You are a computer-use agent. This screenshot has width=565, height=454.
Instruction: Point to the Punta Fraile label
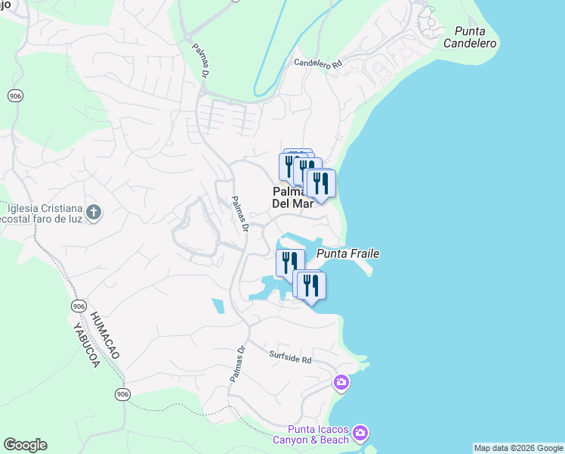pyautogui.click(x=347, y=254)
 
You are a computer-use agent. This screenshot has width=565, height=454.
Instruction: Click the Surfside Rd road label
pyautogui.click(x=290, y=357)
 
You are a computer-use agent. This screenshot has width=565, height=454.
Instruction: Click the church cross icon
pyautogui.click(x=93, y=212)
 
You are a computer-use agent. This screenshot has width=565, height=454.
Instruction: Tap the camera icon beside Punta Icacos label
pyautogui.click(x=361, y=432)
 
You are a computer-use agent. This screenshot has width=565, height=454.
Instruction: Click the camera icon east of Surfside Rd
pyautogui.click(x=341, y=382)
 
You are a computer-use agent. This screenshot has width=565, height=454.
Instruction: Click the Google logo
pyautogui.click(x=25, y=445)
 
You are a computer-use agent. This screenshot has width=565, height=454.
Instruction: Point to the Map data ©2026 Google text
pyautogui.click(x=518, y=448)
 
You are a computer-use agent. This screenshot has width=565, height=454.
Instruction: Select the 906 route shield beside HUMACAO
pyautogui.click(x=79, y=305)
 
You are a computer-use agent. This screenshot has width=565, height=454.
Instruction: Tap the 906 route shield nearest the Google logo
pyautogui.click(x=122, y=393)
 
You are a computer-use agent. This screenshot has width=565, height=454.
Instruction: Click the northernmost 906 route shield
pyautogui.click(x=15, y=95)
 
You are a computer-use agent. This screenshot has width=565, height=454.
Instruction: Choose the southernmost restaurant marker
pyautogui.click(x=311, y=286)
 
